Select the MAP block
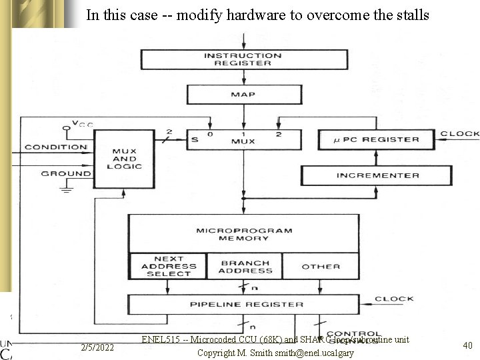click(243, 94)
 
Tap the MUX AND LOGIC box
click(124, 159)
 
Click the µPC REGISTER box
click(377, 139)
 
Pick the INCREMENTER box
click(377, 175)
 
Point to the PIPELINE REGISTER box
click(246, 305)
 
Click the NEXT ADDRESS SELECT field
click(168, 266)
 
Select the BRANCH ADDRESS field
click(245, 267)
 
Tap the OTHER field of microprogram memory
click(321, 267)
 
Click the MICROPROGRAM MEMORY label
click(244, 234)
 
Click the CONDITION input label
click(56, 147)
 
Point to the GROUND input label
click(66, 173)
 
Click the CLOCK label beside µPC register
click(459, 134)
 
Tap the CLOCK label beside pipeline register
click(393, 299)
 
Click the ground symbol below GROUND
click(65, 189)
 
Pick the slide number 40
click(467, 345)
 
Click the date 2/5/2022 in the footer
click(97, 347)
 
